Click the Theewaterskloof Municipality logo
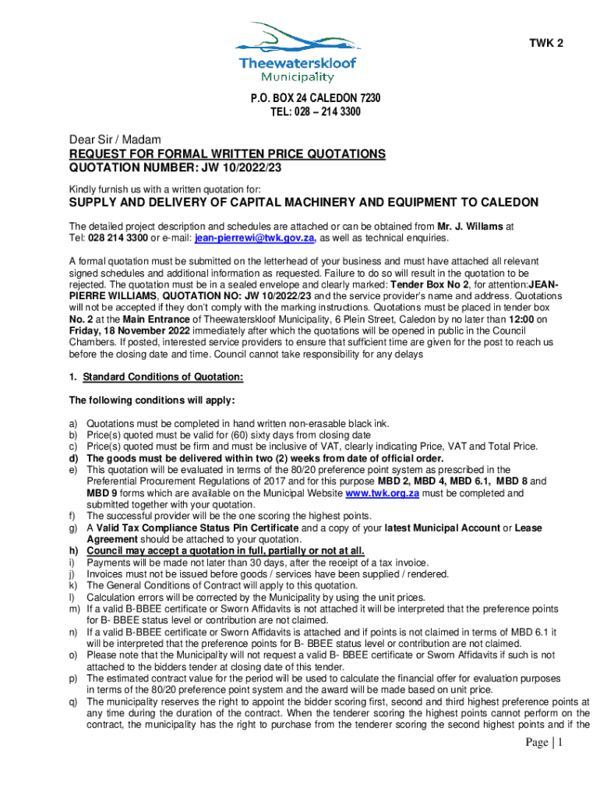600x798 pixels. click(x=299, y=52)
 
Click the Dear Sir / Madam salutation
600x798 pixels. click(x=115, y=139)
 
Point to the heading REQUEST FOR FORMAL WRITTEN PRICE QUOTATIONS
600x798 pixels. click(x=227, y=154)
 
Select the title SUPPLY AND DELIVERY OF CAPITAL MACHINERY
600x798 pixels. click(x=303, y=203)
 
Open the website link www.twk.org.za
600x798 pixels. click(x=379, y=493)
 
